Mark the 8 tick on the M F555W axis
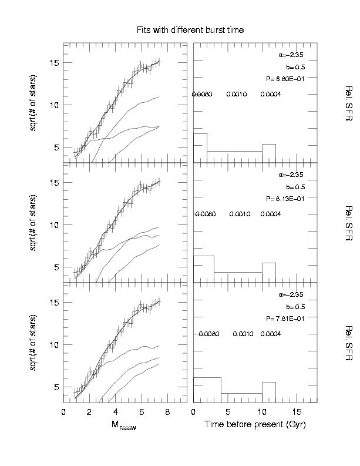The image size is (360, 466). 169,412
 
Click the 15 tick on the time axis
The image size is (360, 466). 297,412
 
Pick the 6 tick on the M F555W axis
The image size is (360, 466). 142,412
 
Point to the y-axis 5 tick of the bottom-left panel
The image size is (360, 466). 56,387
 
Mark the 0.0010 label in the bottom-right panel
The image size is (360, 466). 243,334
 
